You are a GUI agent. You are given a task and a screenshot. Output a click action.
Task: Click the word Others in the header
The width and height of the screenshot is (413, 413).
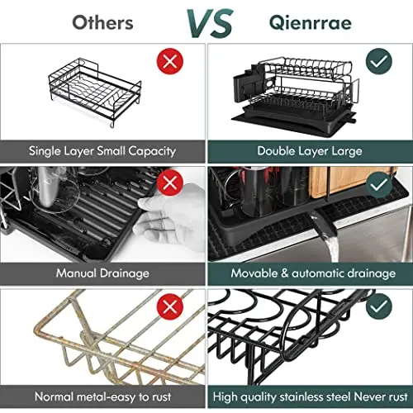102,21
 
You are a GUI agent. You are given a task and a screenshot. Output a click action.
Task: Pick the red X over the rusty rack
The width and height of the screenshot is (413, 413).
170,306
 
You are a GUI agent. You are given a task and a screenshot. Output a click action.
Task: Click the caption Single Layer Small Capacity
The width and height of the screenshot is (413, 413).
102,151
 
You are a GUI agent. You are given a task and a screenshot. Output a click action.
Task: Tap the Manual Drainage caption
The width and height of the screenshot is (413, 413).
102,273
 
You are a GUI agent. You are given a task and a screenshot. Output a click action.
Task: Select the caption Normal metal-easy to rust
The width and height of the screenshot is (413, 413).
102,397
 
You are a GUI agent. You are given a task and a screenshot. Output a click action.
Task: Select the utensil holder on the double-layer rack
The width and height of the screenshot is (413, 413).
253,86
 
